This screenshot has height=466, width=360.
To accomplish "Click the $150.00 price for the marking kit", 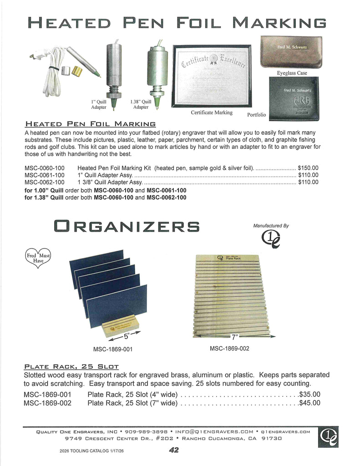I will (308, 168).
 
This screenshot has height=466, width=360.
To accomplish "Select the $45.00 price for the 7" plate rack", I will (309, 403).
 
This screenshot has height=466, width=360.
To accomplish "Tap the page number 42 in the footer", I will (173, 450).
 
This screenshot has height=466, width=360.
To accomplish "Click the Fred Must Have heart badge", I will (38, 258).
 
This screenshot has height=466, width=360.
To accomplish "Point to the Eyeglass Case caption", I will (292, 73).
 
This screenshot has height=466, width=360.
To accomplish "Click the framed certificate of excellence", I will (211, 76).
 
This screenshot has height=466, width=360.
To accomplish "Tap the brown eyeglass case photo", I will (291, 52).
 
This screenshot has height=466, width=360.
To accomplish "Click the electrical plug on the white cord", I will (34, 56).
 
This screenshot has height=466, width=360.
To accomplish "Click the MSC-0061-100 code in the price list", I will (45, 175).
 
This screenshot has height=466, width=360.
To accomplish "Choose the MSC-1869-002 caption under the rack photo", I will (229, 349).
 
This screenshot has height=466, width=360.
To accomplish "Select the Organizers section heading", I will (127, 226).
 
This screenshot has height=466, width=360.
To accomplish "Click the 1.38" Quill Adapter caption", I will (141, 105).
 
